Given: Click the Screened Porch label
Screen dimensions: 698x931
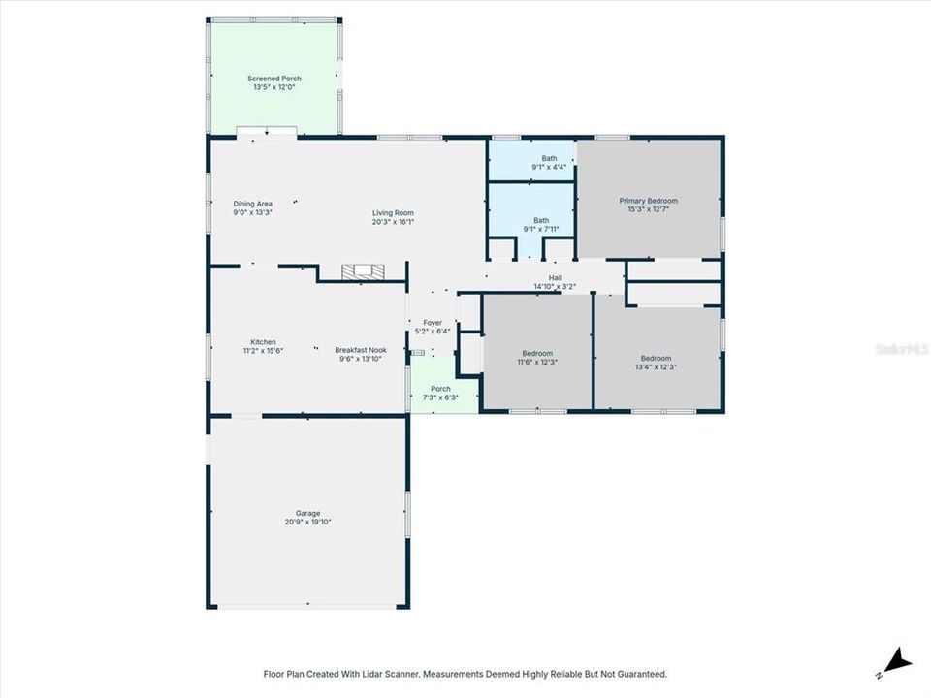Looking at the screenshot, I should point(273,79).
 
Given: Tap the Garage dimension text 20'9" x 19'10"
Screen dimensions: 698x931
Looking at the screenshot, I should point(308,522).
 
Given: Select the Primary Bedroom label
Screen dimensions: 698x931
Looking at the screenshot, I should point(648,201).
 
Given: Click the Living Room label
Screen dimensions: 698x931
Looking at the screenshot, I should point(394,213).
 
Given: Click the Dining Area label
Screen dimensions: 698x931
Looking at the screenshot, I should point(252,204).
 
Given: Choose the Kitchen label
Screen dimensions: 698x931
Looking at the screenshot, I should point(264,341).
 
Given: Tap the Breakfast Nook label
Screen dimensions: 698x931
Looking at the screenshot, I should point(360,350).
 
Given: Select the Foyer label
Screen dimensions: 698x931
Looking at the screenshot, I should point(433,322).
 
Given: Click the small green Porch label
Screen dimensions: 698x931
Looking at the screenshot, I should point(440,389).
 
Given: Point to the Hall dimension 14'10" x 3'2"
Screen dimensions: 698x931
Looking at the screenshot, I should point(555,287).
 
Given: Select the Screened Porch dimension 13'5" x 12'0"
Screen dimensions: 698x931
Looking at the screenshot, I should point(273,87).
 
